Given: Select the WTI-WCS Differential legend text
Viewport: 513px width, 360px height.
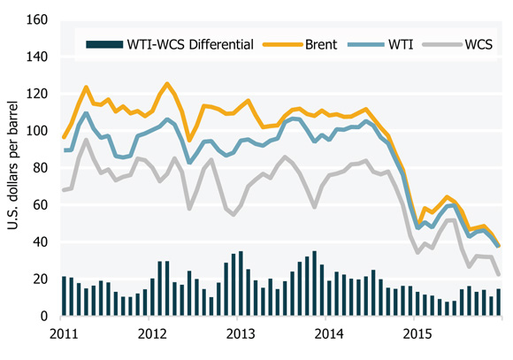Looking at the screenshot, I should click(181, 42).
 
